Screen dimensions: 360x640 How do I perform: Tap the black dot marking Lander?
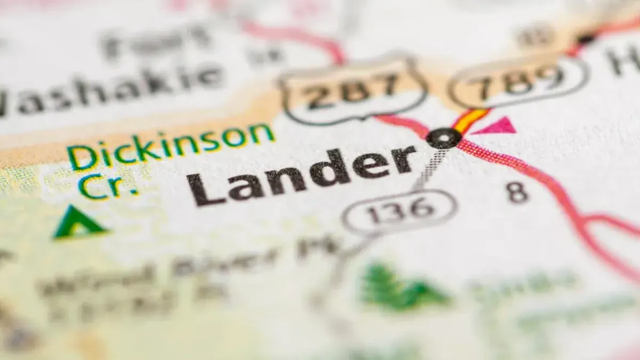pos(444,138)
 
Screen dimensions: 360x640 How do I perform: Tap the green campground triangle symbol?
pos(78,223)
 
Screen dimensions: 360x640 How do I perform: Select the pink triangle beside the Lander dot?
pos(496,126)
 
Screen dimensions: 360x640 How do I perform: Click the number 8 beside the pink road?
pos(517,193)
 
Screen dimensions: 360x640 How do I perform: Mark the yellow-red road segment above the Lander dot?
pos(469,120)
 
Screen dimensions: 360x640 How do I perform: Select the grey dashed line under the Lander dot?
pos(429,168)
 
